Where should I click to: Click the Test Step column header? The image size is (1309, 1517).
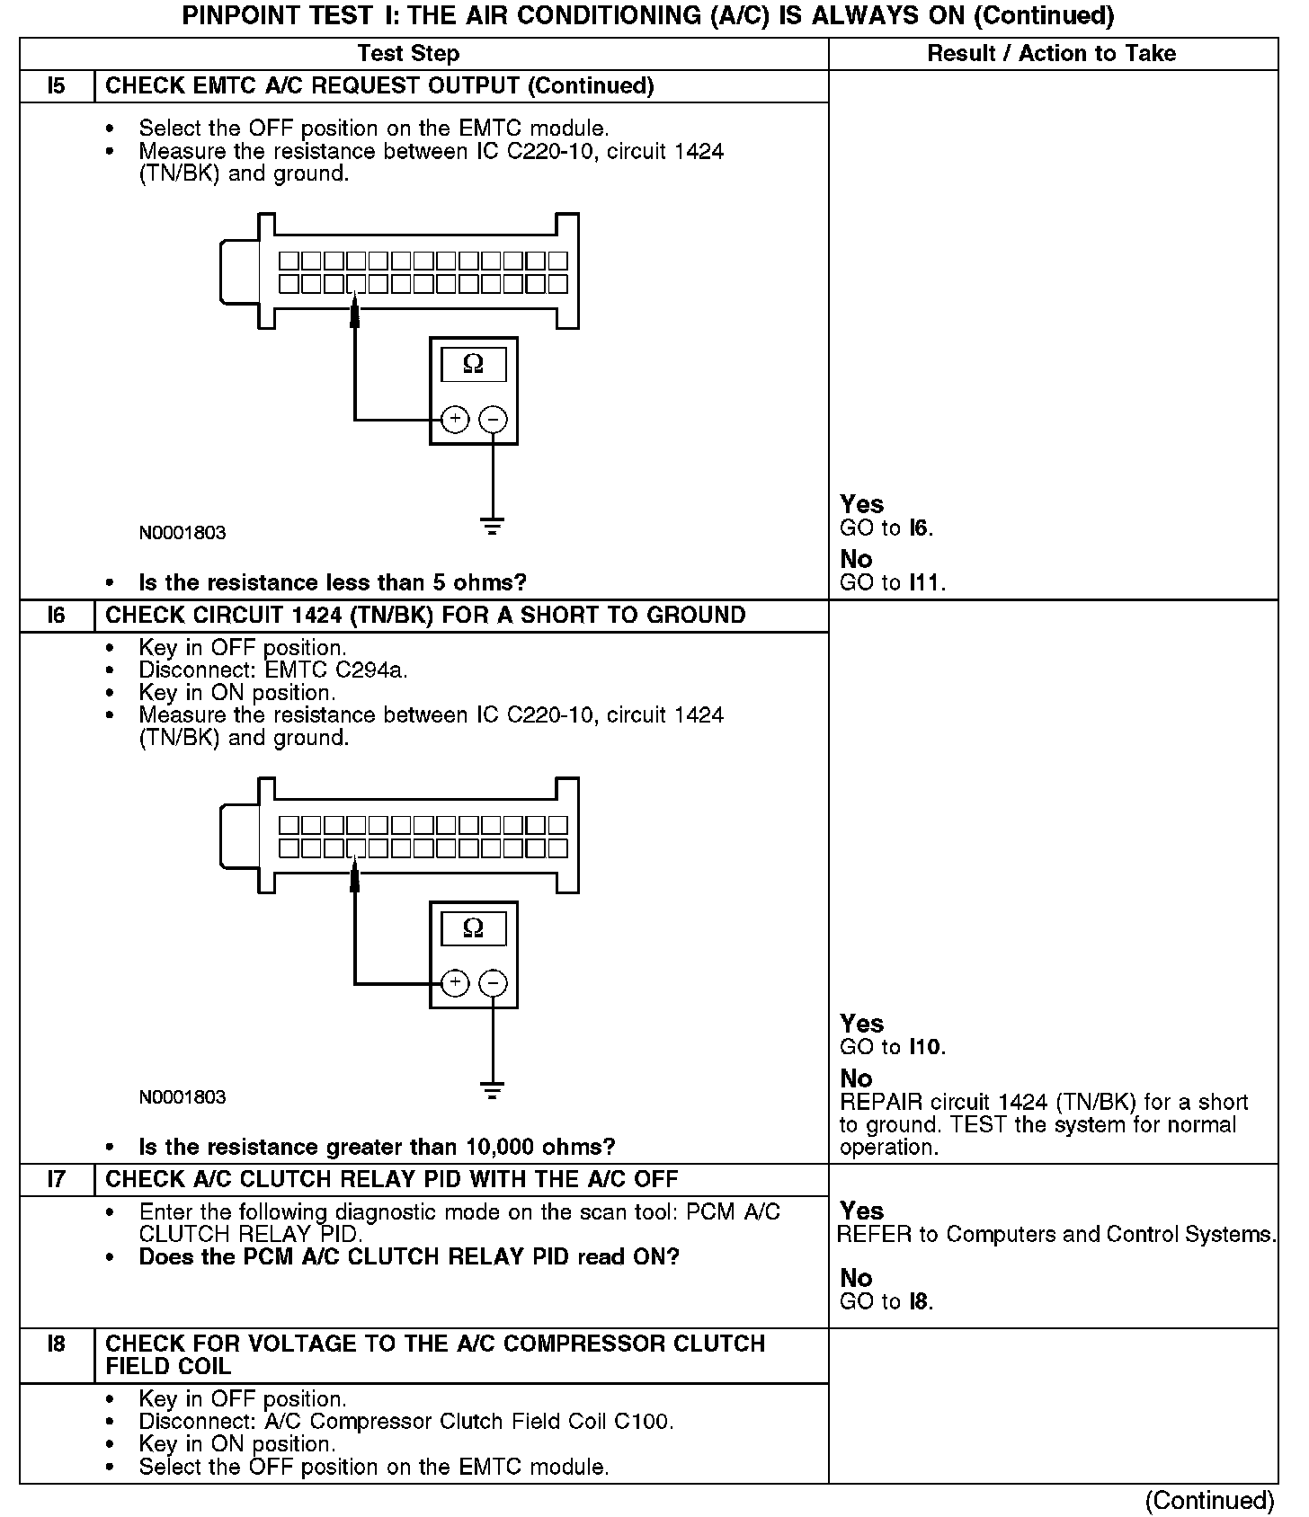[x=408, y=54]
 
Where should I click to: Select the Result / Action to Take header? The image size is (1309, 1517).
[x=1051, y=54]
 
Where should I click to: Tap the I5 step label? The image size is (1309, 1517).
[x=57, y=86]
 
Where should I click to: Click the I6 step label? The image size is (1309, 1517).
[x=57, y=616]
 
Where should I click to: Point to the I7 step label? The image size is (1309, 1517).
[x=57, y=1179]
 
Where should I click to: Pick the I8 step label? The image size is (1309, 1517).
[x=57, y=1344]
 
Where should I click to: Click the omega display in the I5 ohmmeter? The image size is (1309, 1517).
[x=473, y=365]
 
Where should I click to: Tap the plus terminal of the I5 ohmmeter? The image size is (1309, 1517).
[x=456, y=419]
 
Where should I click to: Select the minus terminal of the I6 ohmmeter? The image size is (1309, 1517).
[x=493, y=983]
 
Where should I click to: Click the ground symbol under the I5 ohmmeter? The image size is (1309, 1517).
[x=493, y=527]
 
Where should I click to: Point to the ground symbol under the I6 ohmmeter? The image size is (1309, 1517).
[x=493, y=1091]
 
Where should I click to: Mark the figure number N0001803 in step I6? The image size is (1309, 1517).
[x=183, y=1097]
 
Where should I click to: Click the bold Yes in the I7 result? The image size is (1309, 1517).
[x=861, y=1211]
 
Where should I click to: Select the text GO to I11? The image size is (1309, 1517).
[x=893, y=582]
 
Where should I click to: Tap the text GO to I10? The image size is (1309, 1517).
[x=893, y=1047]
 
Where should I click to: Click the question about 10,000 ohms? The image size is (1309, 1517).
[x=377, y=1147]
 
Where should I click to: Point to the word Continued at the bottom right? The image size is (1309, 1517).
[x=1209, y=1500]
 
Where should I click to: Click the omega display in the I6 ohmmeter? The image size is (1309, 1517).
[x=473, y=928]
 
